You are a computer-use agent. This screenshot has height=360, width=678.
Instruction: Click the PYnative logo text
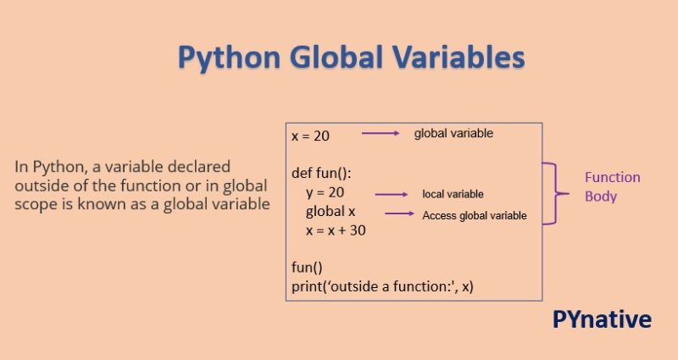pos(602,319)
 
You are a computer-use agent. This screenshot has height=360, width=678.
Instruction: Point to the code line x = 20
pos(310,136)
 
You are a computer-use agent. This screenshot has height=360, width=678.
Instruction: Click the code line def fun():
pos(321,173)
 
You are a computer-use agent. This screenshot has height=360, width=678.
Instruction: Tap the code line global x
pos(331,211)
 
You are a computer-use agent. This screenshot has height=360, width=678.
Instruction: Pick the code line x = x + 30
pos(336,230)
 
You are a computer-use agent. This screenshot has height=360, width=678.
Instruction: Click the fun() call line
pos(307,267)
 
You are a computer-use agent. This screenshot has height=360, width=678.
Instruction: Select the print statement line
pos(382,286)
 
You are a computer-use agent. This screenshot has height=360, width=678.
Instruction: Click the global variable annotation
pos(453,134)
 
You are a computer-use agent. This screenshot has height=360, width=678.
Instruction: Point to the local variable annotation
pos(453,195)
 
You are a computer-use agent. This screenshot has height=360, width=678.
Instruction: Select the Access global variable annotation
pos(475,215)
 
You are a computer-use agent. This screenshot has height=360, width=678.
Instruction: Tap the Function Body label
pos(612,186)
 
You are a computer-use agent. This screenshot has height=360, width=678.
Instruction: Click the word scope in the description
pos(33,204)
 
